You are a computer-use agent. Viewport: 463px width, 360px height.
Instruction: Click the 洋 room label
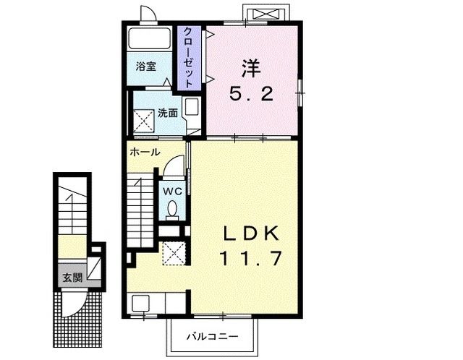(251, 69)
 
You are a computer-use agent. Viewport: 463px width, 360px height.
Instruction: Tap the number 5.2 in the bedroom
(251, 94)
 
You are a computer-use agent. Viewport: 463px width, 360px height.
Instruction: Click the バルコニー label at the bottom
(212, 336)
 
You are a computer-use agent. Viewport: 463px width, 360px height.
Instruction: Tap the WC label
(172, 191)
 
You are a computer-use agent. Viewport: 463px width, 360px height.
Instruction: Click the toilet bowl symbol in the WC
(172, 209)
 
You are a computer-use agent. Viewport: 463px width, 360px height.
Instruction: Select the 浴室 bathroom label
(146, 67)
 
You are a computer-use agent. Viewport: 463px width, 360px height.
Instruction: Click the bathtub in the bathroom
(150, 39)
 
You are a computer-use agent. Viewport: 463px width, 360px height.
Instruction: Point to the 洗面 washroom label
(168, 113)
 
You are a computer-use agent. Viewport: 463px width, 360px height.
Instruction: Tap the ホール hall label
(145, 153)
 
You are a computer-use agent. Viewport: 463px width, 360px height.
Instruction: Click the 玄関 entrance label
(71, 277)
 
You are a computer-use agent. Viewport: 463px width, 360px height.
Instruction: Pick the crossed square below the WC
(174, 252)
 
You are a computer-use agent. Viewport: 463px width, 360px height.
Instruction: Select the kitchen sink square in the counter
(140, 304)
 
